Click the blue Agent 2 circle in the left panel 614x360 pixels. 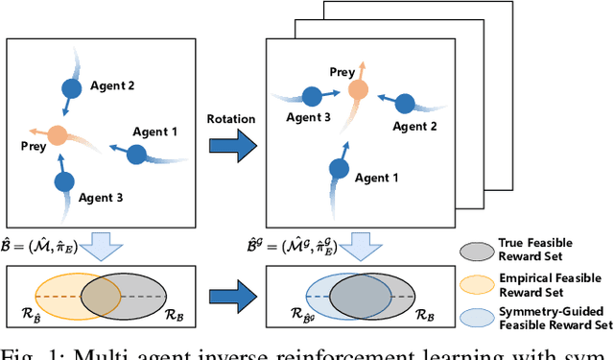coord(71,89)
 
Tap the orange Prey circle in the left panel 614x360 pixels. coord(58,135)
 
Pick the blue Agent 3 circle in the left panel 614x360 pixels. coord(64,180)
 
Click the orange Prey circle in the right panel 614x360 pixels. coord(359,89)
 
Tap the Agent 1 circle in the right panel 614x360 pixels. coord(339,168)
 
